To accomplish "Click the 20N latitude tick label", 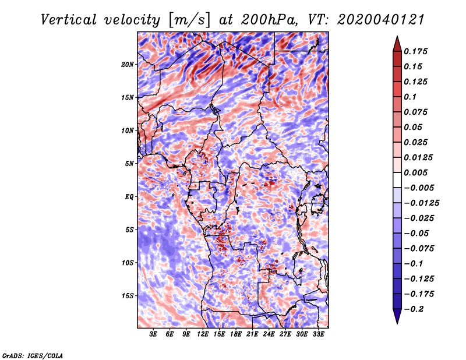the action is point(127,65).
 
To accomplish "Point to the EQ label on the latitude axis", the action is point(129,197).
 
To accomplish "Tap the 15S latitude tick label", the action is point(127,296).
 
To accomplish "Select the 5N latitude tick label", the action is point(129,164).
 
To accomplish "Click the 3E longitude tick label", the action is point(153,334).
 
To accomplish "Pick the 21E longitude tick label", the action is point(252,334).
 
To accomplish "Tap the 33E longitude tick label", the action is point(318,334).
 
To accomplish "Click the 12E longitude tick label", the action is point(202,334).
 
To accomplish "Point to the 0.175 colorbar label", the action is point(415,51).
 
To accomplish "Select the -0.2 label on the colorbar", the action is point(414,309).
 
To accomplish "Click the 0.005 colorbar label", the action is point(415,172).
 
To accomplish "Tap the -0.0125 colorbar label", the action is point(421,203).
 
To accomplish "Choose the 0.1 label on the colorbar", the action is point(410,97).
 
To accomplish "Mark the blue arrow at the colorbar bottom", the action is point(397,316).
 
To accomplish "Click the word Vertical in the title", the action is point(68,20).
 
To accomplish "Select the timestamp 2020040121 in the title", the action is point(381,20).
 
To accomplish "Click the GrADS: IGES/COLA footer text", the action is point(33,355).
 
